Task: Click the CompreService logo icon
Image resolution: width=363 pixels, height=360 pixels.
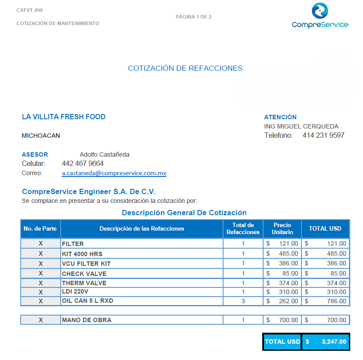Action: click(x=320, y=11)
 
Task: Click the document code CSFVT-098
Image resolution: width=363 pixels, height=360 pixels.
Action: click(x=29, y=10)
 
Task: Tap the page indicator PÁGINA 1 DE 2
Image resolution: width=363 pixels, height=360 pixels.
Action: click(x=194, y=17)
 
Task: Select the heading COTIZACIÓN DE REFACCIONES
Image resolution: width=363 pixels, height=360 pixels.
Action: click(x=185, y=68)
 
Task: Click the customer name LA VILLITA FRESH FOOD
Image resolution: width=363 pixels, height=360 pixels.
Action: click(x=64, y=117)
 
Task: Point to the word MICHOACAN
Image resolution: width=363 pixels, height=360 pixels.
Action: click(x=41, y=136)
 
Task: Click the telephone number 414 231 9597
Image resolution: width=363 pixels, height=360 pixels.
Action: click(x=323, y=136)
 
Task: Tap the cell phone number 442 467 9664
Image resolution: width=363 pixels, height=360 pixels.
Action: click(x=83, y=164)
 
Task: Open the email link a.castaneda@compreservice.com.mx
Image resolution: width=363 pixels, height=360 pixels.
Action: click(x=114, y=173)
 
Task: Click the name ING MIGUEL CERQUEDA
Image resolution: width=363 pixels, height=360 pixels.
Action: click(x=301, y=126)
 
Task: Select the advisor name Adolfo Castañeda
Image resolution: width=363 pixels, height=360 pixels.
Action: click(x=104, y=154)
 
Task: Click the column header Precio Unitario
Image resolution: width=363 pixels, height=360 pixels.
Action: click(x=282, y=228)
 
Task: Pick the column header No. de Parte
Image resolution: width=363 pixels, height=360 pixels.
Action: click(x=40, y=228)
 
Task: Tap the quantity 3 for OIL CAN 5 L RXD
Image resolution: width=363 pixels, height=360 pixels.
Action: click(x=243, y=301)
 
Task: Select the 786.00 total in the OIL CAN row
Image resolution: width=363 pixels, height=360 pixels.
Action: click(x=333, y=301)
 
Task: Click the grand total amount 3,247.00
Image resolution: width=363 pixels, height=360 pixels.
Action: click(x=334, y=342)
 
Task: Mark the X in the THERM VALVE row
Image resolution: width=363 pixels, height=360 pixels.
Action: click(x=41, y=283)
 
